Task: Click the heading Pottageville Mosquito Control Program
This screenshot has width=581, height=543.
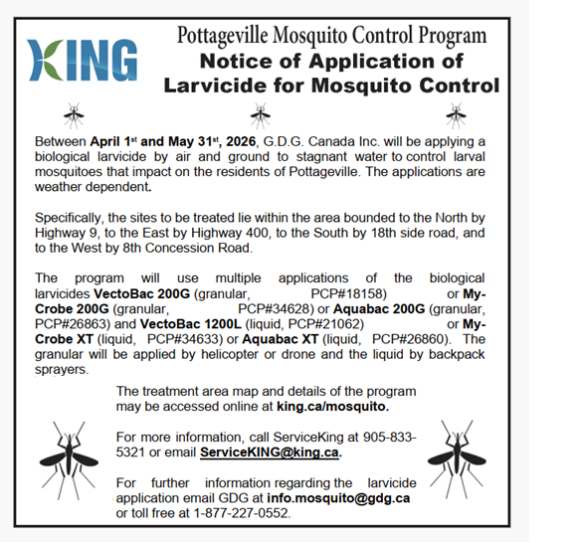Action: coord(331,37)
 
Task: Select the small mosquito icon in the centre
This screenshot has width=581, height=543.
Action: coord(261,115)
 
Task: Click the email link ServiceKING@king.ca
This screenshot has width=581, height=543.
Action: coord(269,452)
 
